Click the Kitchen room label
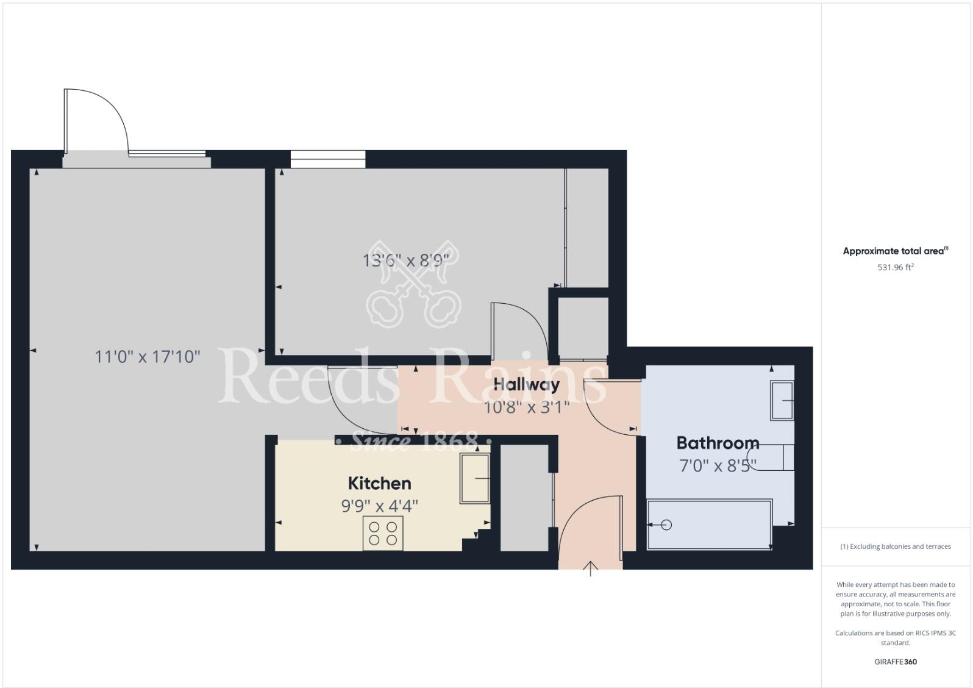pos(379,484)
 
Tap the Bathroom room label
pos(718,443)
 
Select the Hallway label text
pos(526,385)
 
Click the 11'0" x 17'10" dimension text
pos(148,356)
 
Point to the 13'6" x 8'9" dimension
pos(405,261)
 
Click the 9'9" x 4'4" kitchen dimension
pos(379,506)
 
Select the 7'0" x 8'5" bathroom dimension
pos(718,466)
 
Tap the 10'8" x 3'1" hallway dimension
pos(526,407)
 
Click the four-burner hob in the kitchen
pos(383,534)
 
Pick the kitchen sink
pos(475,479)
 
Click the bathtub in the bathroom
pos(709,525)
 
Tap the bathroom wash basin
pos(782,401)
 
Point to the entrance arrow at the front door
pos(590,569)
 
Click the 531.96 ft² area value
pos(895,267)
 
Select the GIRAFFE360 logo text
pos(895,662)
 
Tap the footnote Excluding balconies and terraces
pos(895,546)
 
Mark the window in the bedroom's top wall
pos(327,159)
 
